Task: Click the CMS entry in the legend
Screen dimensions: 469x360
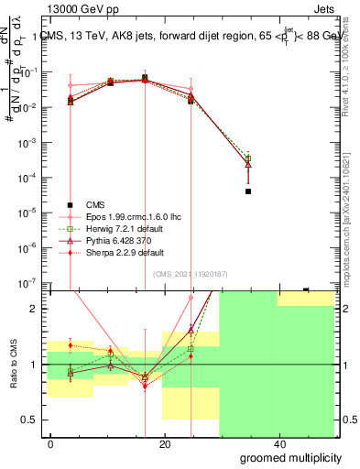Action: tap(96, 204)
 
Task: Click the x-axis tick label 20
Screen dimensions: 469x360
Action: tap(165, 444)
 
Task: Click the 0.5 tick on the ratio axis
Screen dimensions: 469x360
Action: tap(32, 420)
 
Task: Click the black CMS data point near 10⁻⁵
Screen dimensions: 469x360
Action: tap(248, 191)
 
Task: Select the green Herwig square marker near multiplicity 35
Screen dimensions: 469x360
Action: tap(248, 158)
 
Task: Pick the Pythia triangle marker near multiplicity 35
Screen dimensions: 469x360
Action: tap(248, 165)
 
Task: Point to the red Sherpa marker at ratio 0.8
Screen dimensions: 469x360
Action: tap(145, 386)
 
